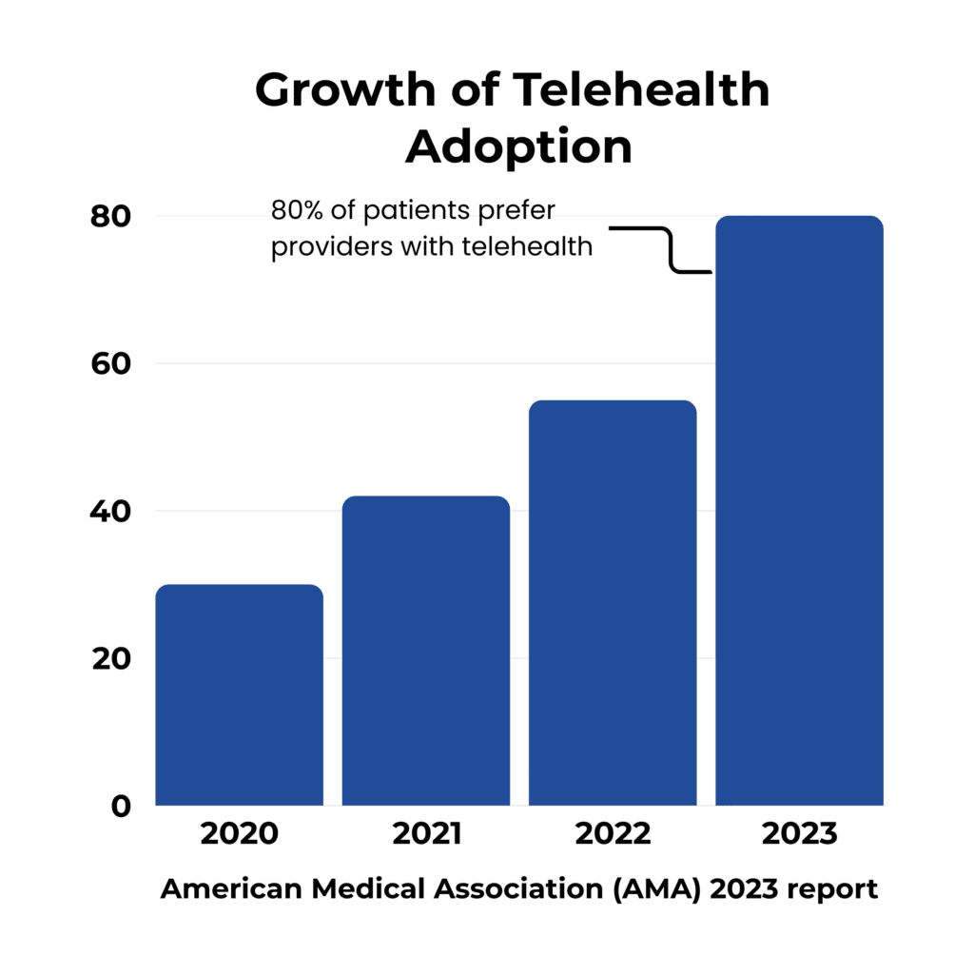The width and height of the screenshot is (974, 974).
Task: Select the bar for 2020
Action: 239,695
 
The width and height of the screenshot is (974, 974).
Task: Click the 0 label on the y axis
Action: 119,806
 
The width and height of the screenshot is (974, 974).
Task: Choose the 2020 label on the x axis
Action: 239,835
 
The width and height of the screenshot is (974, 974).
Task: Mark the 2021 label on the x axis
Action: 426,835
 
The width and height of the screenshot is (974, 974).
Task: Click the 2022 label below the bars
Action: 613,835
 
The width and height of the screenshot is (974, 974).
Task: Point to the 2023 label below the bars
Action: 799,835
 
